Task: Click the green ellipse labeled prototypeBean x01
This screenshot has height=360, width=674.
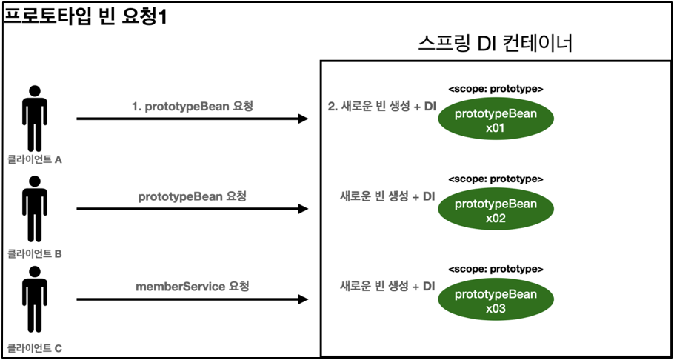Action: tap(496, 120)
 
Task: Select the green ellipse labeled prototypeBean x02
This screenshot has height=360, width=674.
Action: tap(496, 210)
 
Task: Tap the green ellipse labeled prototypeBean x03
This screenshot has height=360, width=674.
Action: tap(496, 301)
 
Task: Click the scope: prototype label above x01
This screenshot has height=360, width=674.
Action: tap(496, 89)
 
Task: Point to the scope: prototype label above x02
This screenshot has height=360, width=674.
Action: tap(496, 179)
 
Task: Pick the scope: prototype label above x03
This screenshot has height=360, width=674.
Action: tap(496, 269)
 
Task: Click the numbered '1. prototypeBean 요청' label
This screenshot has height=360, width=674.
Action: tap(192, 107)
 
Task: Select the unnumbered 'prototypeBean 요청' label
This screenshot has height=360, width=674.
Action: tap(192, 197)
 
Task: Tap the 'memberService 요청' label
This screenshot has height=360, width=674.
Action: tap(192, 287)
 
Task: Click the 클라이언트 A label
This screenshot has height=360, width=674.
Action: tap(34, 159)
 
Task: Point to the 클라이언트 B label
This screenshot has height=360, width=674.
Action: tap(34, 254)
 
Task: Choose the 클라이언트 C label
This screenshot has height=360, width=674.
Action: tap(34, 347)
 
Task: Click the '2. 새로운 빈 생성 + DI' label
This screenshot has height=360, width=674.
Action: tap(381, 107)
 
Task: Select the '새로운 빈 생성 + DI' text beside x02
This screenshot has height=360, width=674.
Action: tap(387, 197)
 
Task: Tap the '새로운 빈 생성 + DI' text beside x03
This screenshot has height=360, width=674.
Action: tap(387, 287)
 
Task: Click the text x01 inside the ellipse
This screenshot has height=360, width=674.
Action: tap(496, 128)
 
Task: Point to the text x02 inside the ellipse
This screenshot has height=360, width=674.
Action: tap(496, 219)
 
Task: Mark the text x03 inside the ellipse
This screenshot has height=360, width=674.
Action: tap(496, 309)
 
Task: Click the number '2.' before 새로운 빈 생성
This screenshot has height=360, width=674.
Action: tap(333, 107)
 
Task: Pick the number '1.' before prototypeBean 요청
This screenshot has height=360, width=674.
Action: tap(136, 107)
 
